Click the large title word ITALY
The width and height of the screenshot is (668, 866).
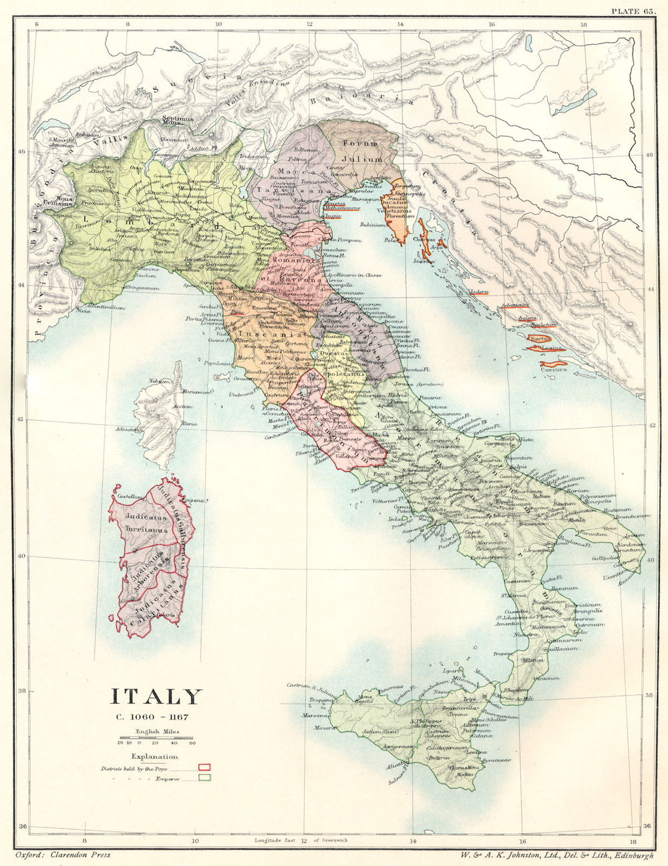[155, 697]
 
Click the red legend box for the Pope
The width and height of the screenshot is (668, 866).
[204, 767]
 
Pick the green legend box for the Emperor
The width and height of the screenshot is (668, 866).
[204, 777]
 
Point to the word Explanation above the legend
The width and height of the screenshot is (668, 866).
[155, 756]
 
